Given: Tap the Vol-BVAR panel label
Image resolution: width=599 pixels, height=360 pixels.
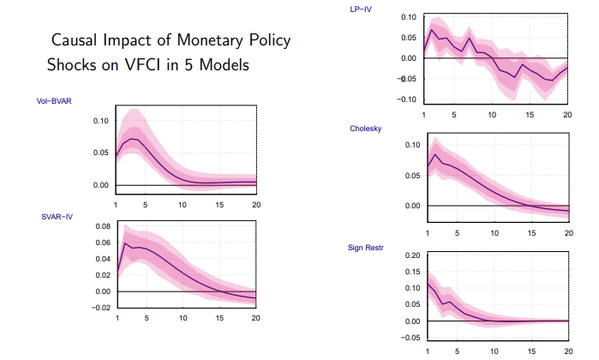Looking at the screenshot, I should click(54, 101).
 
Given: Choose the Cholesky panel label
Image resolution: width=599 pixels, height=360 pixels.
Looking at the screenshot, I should click(366, 129).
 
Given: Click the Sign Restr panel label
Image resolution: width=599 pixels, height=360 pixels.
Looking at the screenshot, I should click(368, 248).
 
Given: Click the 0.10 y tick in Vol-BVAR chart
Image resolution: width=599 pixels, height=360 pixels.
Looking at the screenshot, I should click(101, 121).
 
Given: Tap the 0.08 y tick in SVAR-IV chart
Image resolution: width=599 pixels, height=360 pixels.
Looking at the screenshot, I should click(101, 227).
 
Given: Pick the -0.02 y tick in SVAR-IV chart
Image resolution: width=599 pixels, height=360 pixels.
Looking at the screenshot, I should click(99, 308).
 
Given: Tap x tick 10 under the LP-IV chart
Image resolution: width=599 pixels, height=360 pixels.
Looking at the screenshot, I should click(491, 114).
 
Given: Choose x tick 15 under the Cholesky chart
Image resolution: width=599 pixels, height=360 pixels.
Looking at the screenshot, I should click(530, 233).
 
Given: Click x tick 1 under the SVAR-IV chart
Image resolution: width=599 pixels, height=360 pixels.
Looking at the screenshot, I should click(117, 320).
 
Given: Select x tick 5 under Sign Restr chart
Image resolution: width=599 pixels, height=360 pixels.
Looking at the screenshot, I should click(457, 350).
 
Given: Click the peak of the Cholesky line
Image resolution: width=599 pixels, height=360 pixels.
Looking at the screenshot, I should click(434, 154).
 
